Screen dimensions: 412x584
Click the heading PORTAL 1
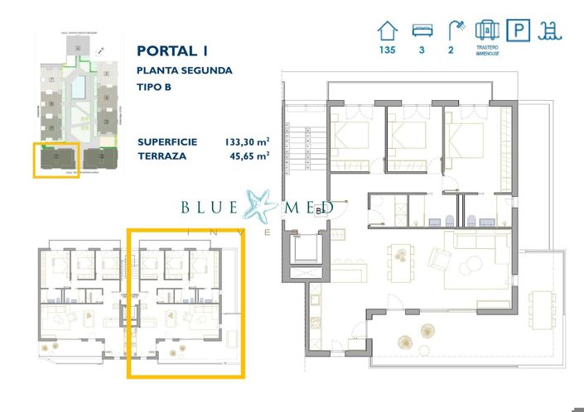pyautogui.click(x=171, y=50)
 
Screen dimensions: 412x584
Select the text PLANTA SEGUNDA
pyautogui.click(x=185, y=70)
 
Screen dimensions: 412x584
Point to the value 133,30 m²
pyautogui.click(x=248, y=141)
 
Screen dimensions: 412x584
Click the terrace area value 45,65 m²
pyautogui.click(x=251, y=156)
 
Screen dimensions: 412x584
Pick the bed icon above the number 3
pyautogui.click(x=422, y=31)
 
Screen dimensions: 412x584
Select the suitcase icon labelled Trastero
pyautogui.click(x=487, y=31)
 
